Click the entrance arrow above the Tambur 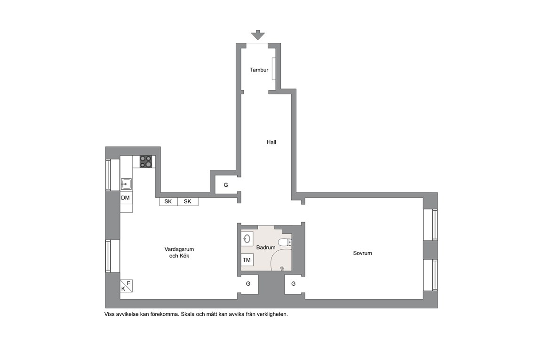click(x=258, y=35)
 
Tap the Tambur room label click(x=259, y=70)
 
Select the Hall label click(x=271, y=142)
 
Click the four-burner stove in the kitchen click(x=145, y=161)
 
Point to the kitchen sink click(x=126, y=184)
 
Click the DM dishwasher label click(x=125, y=198)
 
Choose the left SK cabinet click(x=168, y=201)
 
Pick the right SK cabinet click(x=188, y=201)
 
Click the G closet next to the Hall click(x=226, y=185)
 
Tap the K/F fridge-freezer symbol click(x=126, y=286)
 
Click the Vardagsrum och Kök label click(x=179, y=252)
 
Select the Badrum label click(x=266, y=248)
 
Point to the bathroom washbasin click(x=247, y=239)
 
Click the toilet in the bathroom click(x=285, y=242)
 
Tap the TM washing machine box click(x=247, y=260)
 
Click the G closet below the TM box click(x=248, y=284)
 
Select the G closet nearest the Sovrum click(x=294, y=284)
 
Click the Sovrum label click(x=363, y=253)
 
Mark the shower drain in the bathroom click(x=283, y=268)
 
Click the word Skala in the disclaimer click(x=188, y=314)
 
